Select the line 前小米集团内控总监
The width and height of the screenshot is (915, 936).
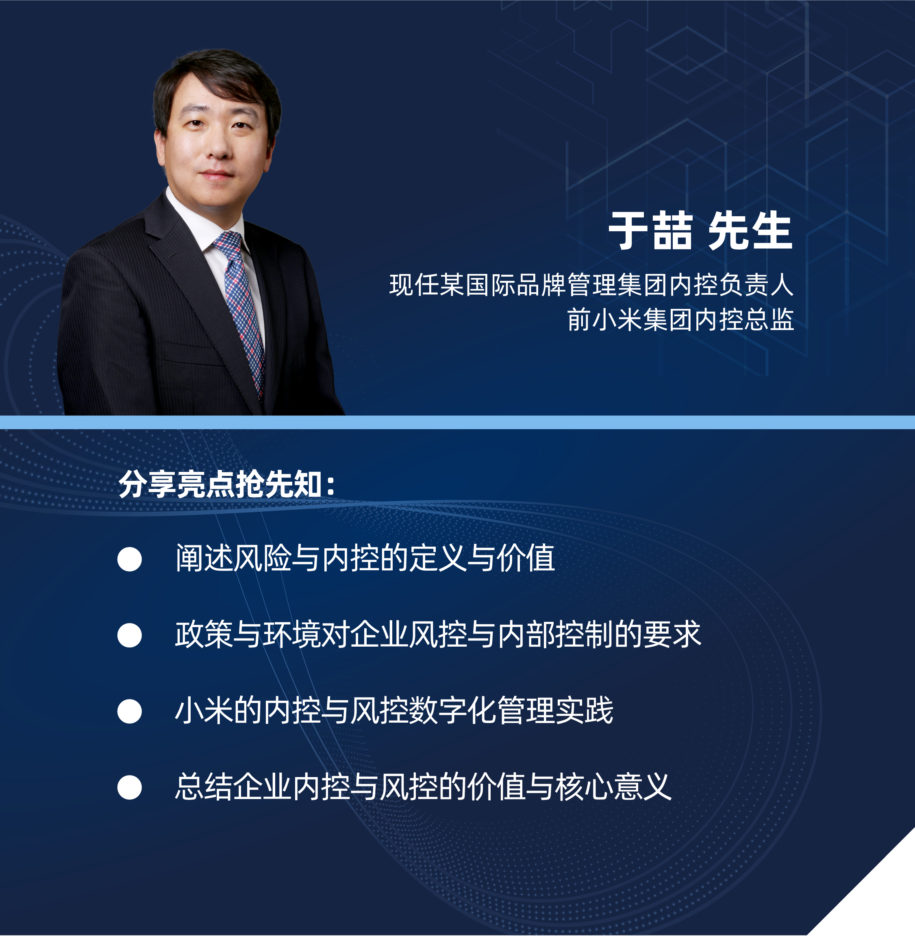[x=680, y=320]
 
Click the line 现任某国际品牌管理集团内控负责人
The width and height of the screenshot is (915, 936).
[x=591, y=285]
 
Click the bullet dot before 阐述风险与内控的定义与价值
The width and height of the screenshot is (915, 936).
[x=129, y=559]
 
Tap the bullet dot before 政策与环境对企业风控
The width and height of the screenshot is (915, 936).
[x=129, y=635]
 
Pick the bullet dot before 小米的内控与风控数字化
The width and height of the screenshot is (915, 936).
[x=129, y=711]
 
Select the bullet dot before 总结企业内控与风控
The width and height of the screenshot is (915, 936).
[x=129, y=787]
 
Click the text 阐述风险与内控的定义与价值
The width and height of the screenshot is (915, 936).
[x=365, y=558]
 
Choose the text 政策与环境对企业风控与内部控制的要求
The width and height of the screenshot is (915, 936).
[x=438, y=634]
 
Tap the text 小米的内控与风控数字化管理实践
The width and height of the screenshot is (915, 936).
[x=394, y=710]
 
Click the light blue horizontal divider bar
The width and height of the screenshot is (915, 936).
[x=458, y=422]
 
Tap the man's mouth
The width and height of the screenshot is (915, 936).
[x=217, y=174]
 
